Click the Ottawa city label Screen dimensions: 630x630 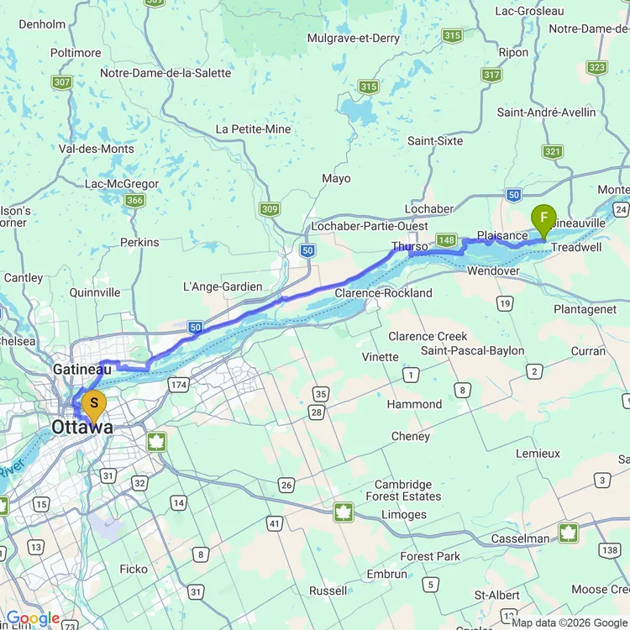pyautogui.click(x=81, y=428)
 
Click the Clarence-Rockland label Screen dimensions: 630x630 pyautogui.click(x=383, y=293)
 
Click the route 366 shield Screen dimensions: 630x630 pyautogui.click(x=134, y=200)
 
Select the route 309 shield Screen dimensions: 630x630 pyautogui.click(x=269, y=209)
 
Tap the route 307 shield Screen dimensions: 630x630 pyautogui.click(x=61, y=82)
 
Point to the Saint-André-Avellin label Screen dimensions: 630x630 pyautogui.click(x=547, y=113)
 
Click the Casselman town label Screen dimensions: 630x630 pyautogui.click(x=522, y=538)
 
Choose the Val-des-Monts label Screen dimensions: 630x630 pyautogui.click(x=96, y=149)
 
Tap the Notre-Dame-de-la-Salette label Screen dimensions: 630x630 pyautogui.click(x=165, y=73)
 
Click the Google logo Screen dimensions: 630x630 pyautogui.click(x=32, y=619)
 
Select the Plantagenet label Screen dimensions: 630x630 pyautogui.click(x=585, y=309)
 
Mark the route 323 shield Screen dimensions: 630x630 pyautogui.click(x=597, y=68)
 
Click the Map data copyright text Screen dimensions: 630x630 pyautogui.click(x=569, y=622)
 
